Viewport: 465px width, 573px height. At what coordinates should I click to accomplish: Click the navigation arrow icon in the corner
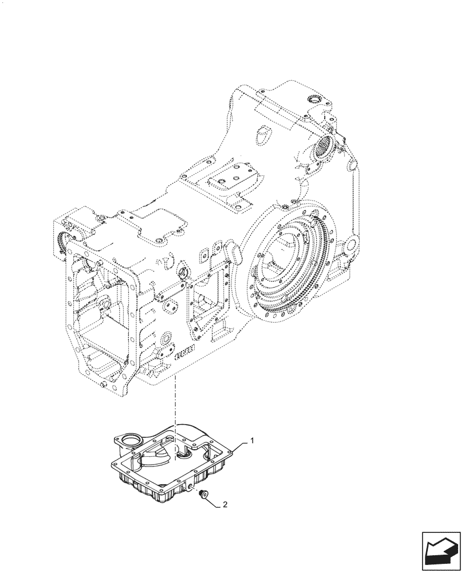click(441, 550)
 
